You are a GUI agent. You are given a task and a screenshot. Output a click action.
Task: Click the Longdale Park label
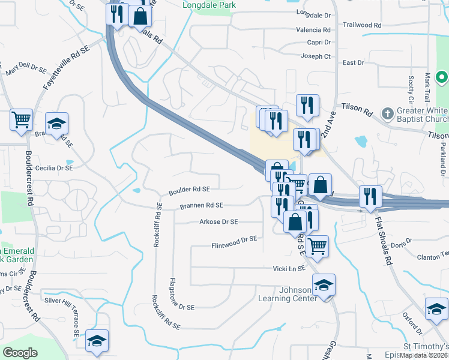click(209, 5)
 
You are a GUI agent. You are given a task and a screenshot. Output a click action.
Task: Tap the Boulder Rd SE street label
click(189, 190)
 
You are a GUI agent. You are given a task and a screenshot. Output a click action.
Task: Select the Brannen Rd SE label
click(201, 206)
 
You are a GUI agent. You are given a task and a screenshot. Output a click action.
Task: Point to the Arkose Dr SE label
click(218, 222)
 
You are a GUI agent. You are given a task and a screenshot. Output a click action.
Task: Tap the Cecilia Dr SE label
click(54, 169)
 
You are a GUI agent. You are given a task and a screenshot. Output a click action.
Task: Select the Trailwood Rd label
click(362, 26)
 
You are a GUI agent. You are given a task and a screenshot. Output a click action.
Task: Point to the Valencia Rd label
click(318, 30)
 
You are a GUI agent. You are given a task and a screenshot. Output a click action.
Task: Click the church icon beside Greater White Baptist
click(388, 112)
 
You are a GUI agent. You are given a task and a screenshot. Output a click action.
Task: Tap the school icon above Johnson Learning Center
click(324, 284)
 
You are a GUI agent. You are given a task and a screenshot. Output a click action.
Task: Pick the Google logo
click(20, 353)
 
